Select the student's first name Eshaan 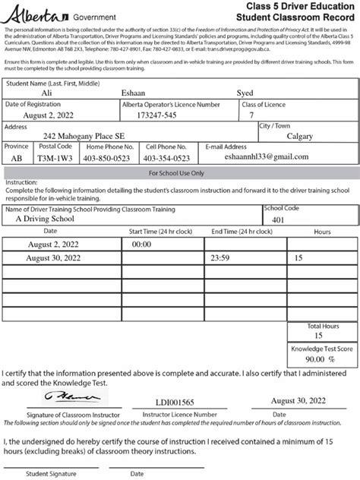(138, 91)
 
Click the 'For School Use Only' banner (179, 173)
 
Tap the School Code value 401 (277, 220)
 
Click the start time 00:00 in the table (142, 245)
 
